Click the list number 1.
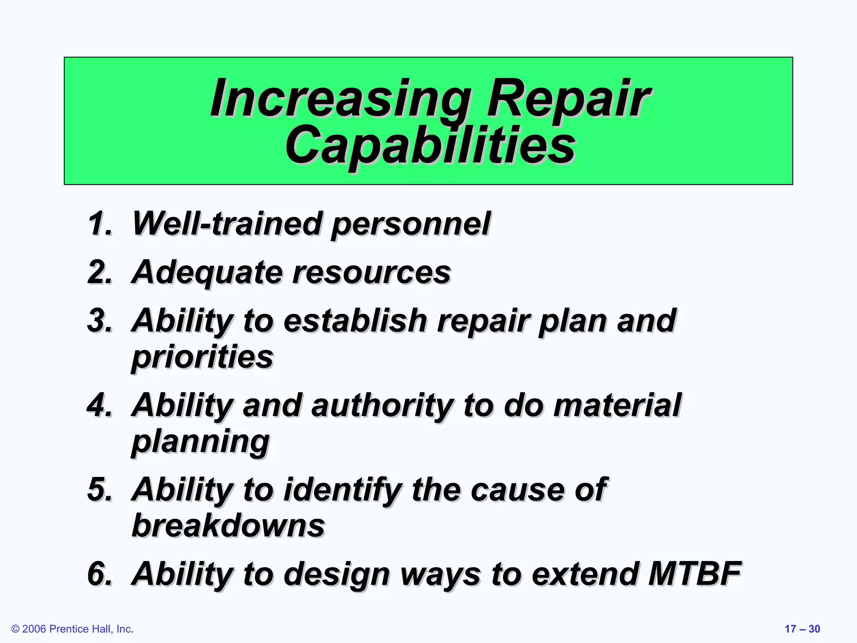pos(100,224)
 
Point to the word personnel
pos(411,225)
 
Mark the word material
pos(617,406)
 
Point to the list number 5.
pos(100,490)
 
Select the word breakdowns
pos(228,526)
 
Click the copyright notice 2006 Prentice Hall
pos(72,629)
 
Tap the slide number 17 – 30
pos(802,629)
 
